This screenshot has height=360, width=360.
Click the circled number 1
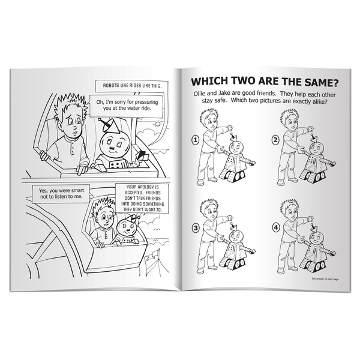point(196,142)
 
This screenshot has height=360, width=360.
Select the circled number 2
point(275,141)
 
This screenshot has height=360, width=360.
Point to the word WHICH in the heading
point(211,81)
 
